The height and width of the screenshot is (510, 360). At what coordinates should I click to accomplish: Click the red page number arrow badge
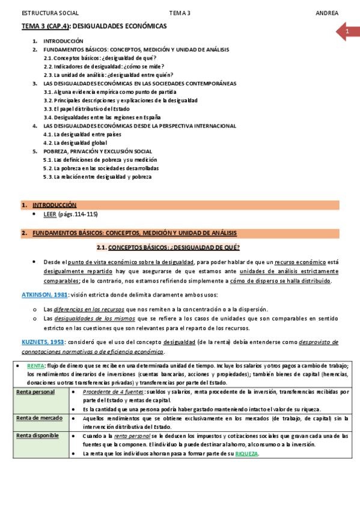pyautogui.click(x=347, y=31)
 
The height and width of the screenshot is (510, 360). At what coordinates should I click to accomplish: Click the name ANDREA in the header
pyautogui.click(x=327, y=13)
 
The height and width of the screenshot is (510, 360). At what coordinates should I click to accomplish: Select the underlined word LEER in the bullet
pyautogui.click(x=50, y=214)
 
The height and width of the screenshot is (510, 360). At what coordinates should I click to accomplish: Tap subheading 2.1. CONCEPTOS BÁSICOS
pyautogui.click(x=168, y=247)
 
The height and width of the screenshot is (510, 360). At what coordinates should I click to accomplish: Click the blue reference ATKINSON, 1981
pyautogui.click(x=43, y=295)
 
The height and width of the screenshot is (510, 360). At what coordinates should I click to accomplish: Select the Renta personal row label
pyautogui.click(x=35, y=392)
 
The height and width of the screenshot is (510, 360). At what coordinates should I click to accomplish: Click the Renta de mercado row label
pyautogui.click(x=38, y=418)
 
